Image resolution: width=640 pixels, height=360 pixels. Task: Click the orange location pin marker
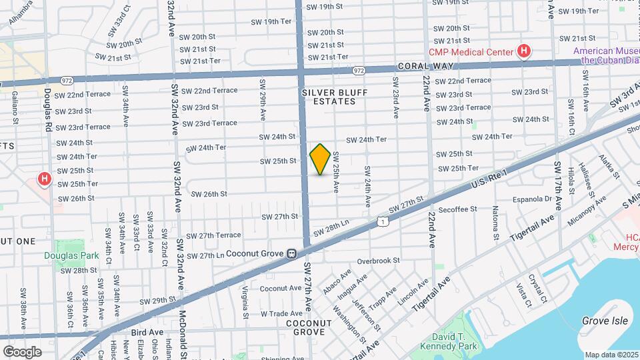point(321,159)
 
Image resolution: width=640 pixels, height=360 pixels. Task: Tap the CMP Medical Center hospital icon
point(525,51)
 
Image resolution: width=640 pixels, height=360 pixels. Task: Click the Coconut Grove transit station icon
point(291,254)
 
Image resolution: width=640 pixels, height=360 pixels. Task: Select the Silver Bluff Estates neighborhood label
point(329,97)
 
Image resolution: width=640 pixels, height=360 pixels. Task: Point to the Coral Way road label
point(425,66)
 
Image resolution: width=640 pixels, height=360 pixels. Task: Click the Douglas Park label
point(71,255)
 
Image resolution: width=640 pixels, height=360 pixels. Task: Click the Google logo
point(22,351)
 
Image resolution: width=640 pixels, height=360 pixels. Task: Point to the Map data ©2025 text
point(611,355)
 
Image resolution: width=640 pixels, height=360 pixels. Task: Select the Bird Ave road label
point(147,331)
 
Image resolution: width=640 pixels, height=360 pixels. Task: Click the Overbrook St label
point(378,261)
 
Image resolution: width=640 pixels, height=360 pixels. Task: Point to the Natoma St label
point(495,223)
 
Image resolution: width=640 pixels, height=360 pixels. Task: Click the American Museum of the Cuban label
point(607,55)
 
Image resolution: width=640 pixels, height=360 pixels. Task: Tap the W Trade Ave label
point(281,313)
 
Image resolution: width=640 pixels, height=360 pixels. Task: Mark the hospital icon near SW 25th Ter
point(45,179)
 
